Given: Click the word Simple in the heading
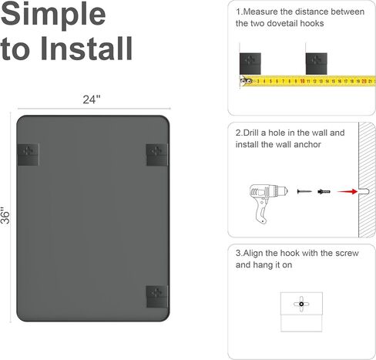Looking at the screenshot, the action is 53,13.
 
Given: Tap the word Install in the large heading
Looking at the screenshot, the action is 86,49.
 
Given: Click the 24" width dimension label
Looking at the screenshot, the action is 92,99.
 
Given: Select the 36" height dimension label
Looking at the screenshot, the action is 5,215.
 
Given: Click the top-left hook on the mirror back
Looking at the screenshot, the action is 28,155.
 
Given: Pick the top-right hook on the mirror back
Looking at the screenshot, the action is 157,155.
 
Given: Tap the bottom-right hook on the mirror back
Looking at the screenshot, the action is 157,296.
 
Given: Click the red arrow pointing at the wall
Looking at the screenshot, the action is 347,191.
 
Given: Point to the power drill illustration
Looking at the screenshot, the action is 268,204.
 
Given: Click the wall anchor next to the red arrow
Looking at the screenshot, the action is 324,192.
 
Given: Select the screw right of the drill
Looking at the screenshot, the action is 304,191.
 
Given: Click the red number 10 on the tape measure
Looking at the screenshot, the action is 302,81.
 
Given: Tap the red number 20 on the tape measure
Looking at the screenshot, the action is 364,81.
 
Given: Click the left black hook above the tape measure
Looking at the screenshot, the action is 250,64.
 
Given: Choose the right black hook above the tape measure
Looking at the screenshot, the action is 316,64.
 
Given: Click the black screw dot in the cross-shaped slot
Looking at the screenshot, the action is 301,304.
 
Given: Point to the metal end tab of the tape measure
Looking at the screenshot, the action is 246,82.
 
